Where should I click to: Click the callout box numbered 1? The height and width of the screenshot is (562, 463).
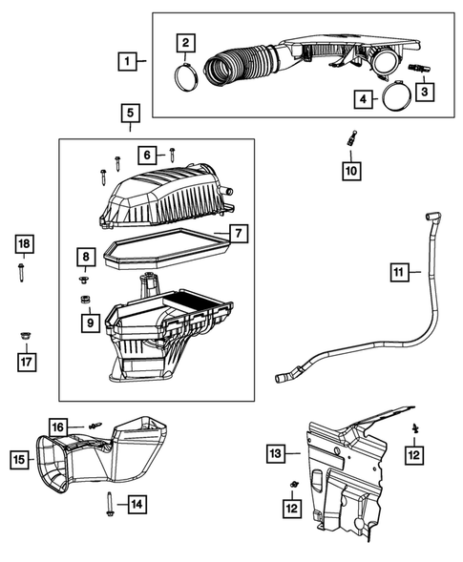coord(125,61)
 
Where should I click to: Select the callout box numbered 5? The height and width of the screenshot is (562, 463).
coord(131,114)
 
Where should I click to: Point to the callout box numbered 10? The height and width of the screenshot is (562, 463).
coord(351,171)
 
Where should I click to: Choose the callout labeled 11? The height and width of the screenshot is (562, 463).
coord(398,274)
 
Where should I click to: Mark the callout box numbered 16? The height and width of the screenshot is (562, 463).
coord(58,427)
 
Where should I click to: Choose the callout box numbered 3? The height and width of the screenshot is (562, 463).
coord(422,92)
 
